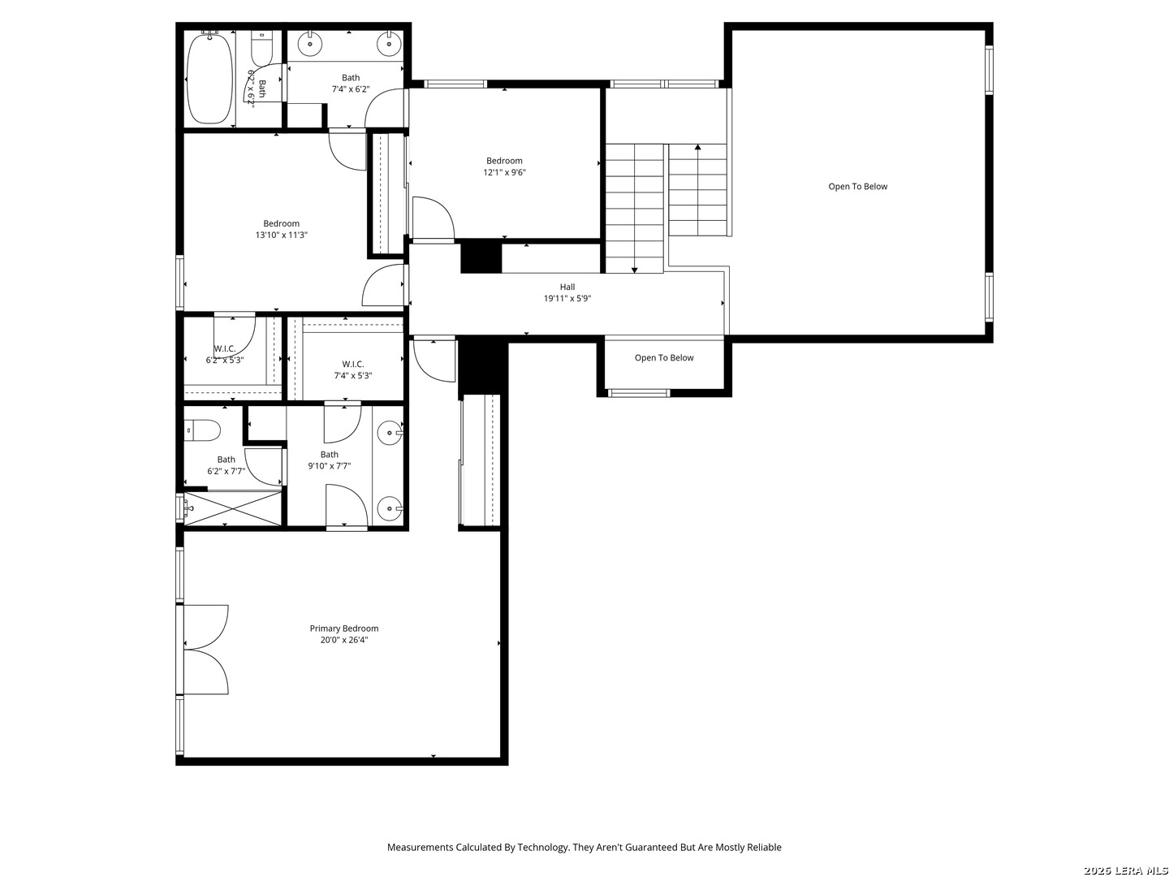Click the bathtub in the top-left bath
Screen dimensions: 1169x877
(209, 78)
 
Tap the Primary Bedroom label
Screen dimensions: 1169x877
(343, 629)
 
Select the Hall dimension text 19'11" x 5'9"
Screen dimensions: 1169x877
(567, 299)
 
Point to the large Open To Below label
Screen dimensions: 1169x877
(857, 187)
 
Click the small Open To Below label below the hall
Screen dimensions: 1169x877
(663, 358)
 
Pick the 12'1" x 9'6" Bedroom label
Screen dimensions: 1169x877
(504, 166)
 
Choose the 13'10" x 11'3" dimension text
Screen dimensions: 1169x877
(281, 235)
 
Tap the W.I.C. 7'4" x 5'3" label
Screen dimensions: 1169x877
(352, 369)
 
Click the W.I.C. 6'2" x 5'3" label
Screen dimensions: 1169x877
(225, 354)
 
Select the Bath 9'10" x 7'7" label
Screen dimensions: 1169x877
(329, 460)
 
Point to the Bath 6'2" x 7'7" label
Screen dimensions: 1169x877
(226, 464)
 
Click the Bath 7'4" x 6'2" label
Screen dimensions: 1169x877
(351, 84)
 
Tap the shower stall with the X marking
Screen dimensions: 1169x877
(233, 508)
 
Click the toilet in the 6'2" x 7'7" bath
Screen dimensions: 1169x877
(202, 430)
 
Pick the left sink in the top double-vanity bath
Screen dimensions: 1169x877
(309, 44)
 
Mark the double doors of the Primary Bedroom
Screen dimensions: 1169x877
(207, 650)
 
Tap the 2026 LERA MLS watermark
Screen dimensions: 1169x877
(1125, 871)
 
